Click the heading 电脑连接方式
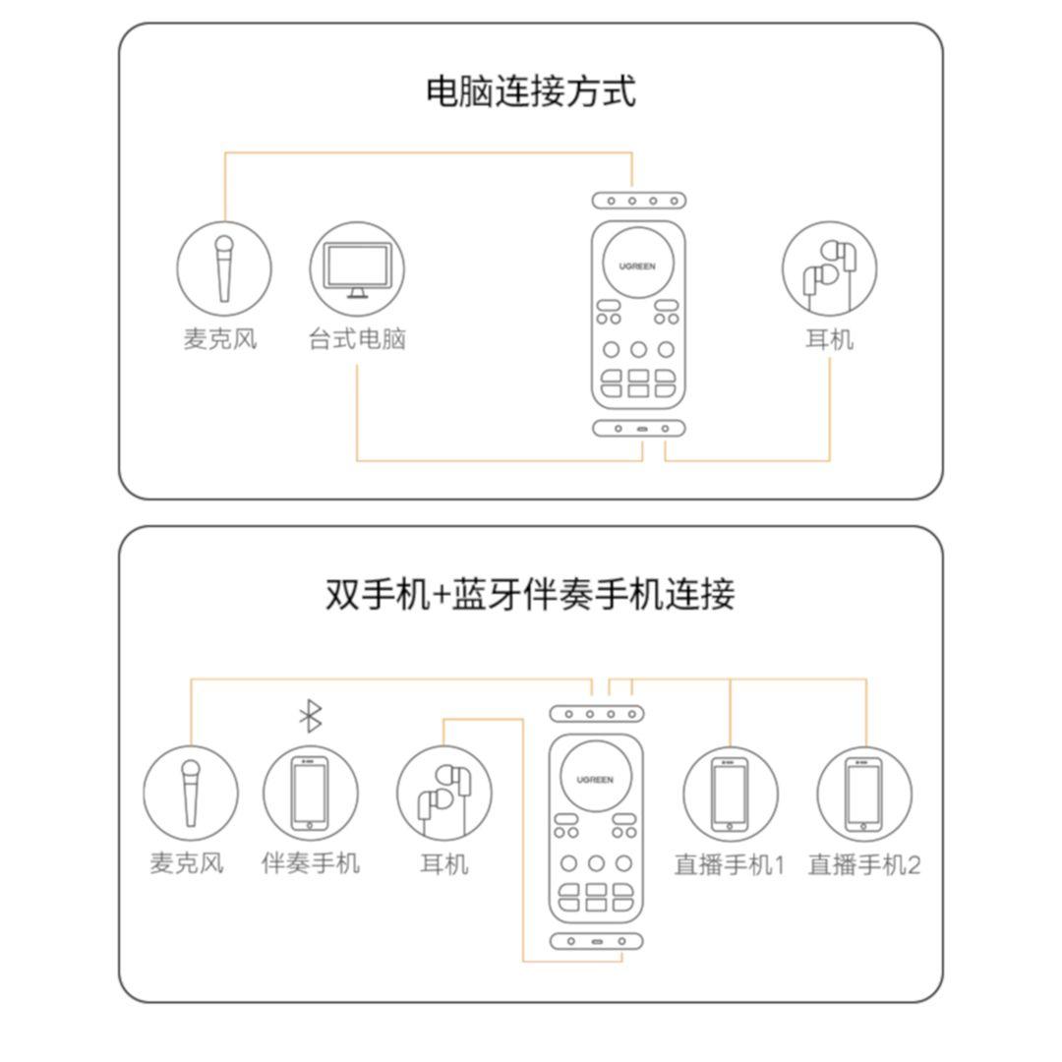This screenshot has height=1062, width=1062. (531, 91)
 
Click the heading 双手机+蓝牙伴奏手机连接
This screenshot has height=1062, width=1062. (530, 595)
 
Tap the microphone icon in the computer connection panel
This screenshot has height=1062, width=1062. (224, 268)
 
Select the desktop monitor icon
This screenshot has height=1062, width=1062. (357, 268)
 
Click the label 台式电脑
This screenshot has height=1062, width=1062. (357, 338)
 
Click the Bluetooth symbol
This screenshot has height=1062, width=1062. (311, 716)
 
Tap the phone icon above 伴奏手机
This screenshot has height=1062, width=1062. (310, 794)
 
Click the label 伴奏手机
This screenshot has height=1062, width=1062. (310, 863)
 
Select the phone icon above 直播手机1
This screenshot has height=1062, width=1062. (730, 794)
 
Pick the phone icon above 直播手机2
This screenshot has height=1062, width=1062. (864, 794)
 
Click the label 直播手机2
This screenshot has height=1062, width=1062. (864, 865)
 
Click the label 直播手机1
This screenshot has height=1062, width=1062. (730, 865)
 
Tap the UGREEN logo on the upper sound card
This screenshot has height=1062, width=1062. (637, 266)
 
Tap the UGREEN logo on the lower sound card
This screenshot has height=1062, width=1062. (595, 780)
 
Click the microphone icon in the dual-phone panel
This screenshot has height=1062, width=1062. (191, 794)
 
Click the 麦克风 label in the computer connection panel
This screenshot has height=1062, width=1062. (221, 338)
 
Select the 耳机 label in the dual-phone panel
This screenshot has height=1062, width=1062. (444, 863)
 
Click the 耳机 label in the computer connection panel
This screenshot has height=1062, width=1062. (830, 338)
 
